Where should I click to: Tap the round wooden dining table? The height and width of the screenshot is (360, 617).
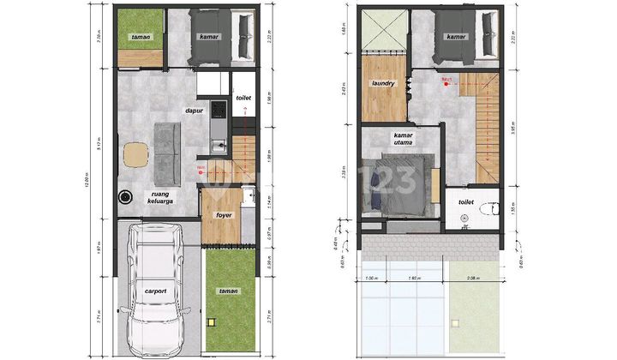tap(135, 155)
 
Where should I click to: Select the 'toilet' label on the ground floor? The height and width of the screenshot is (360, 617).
tap(243, 99)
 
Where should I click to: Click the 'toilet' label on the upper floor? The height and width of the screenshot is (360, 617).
tap(466, 202)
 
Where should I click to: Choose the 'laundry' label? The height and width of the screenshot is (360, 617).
tap(382, 84)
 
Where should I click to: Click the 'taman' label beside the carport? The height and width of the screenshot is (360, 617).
tap(228, 291)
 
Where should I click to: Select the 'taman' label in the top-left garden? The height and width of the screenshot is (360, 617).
tap(141, 38)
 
